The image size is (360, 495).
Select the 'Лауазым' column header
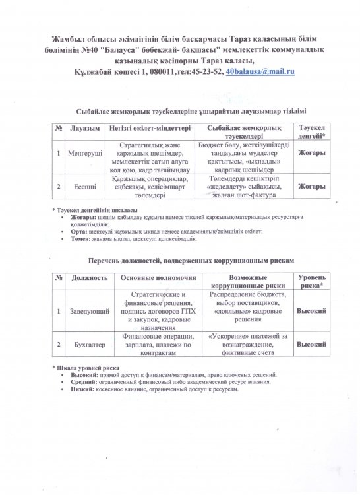coord(84,127)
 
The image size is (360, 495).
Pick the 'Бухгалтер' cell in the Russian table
coord(88,344)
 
